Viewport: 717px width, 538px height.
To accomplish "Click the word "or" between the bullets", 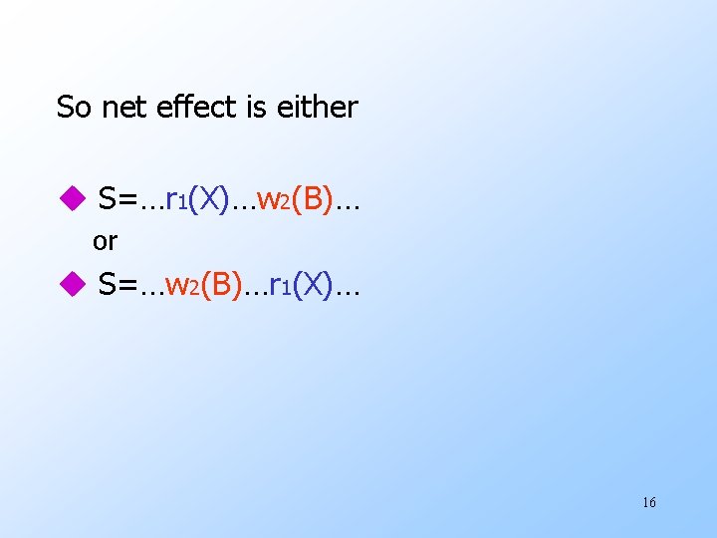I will pyautogui.click(x=105, y=241).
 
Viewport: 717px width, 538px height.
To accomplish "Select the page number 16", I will pyautogui.click(x=648, y=502).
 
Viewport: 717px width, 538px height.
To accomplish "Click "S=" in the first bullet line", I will pyautogui.click(x=119, y=199).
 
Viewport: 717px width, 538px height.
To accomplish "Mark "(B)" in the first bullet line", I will pyautogui.click(x=313, y=199).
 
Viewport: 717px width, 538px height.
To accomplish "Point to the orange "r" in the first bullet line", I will pyautogui.click(x=171, y=200).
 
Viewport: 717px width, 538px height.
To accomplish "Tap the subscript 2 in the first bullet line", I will pyautogui.click(x=286, y=205).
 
